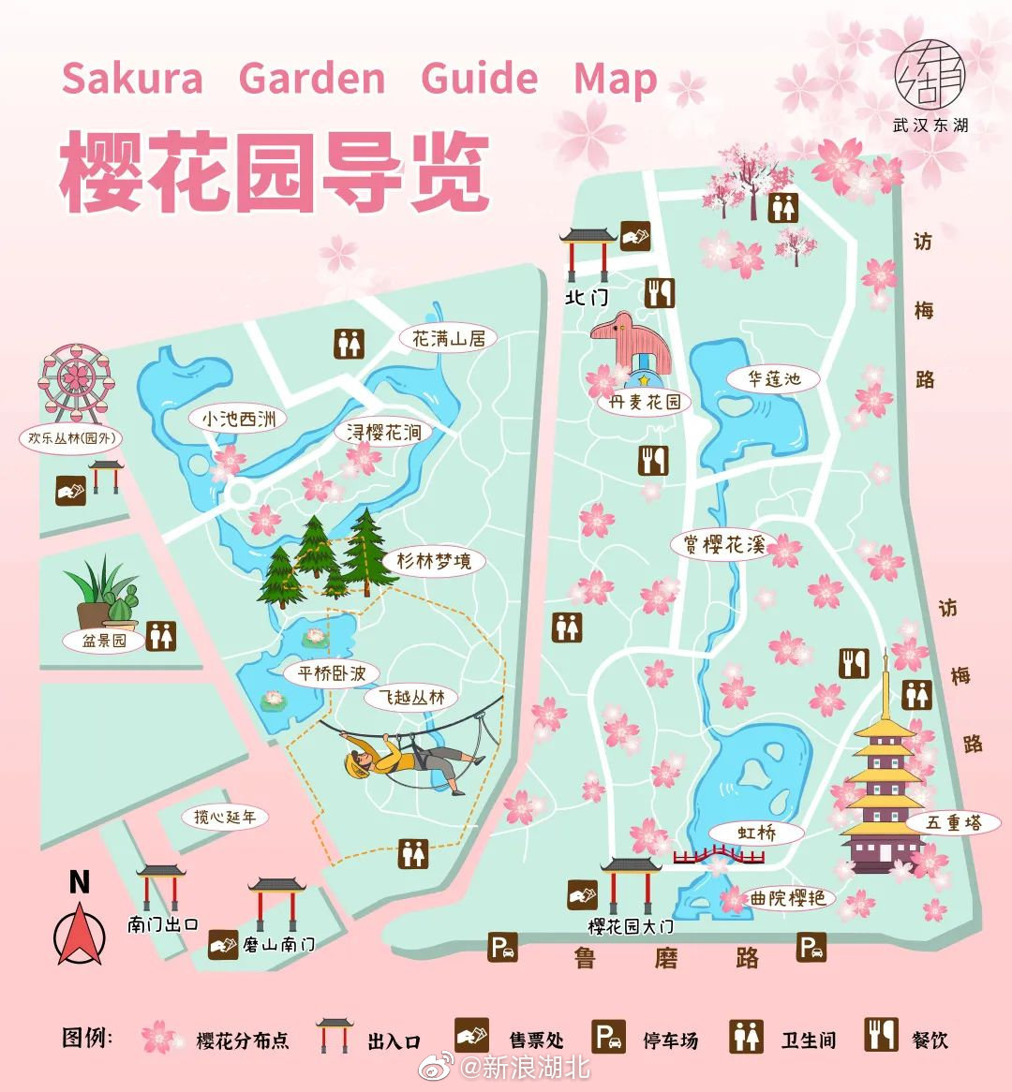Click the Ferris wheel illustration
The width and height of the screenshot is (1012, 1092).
point(76,381)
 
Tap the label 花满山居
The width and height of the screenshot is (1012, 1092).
point(448,338)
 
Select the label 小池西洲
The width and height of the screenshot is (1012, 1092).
point(240,419)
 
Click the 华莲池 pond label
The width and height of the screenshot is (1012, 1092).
point(773,379)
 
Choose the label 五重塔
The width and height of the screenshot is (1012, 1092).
point(953,823)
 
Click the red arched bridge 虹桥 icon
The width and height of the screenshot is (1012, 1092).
point(719,855)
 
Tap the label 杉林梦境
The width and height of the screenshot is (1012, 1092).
point(433,562)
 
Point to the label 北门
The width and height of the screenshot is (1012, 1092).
point(587,297)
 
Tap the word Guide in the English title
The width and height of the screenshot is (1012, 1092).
point(479,78)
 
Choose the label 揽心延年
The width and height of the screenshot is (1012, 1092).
point(225,817)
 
